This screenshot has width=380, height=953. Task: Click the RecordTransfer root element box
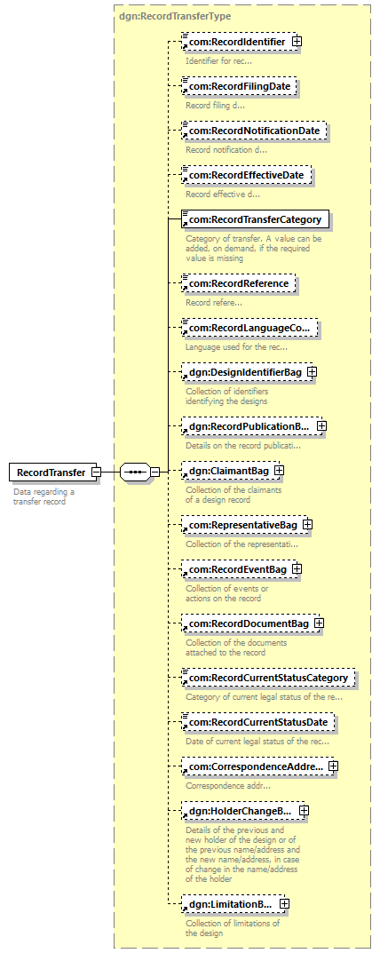(x=52, y=473)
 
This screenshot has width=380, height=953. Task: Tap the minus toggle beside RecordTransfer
(x=96, y=472)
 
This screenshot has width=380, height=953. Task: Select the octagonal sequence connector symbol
(x=136, y=472)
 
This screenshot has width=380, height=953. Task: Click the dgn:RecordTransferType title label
(x=174, y=17)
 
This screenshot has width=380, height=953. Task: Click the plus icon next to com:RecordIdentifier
(x=297, y=42)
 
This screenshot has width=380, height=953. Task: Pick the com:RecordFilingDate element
(x=240, y=86)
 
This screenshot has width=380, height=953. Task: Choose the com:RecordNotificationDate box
(x=254, y=131)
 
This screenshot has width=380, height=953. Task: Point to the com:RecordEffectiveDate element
(x=247, y=176)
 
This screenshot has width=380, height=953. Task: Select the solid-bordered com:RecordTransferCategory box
(x=256, y=219)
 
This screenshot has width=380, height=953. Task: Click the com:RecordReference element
(x=239, y=284)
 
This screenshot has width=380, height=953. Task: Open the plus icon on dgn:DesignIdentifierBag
(x=312, y=371)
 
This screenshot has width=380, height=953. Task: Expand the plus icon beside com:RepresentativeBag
(x=308, y=525)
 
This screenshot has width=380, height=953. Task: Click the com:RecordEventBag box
(x=238, y=569)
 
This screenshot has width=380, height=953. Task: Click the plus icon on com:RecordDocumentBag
(x=319, y=623)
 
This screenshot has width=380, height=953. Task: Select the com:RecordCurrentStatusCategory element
(x=269, y=677)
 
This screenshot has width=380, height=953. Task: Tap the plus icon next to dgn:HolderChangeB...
(x=304, y=810)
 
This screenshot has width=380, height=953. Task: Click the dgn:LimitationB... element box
(x=231, y=904)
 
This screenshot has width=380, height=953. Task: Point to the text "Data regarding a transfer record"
(x=44, y=496)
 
